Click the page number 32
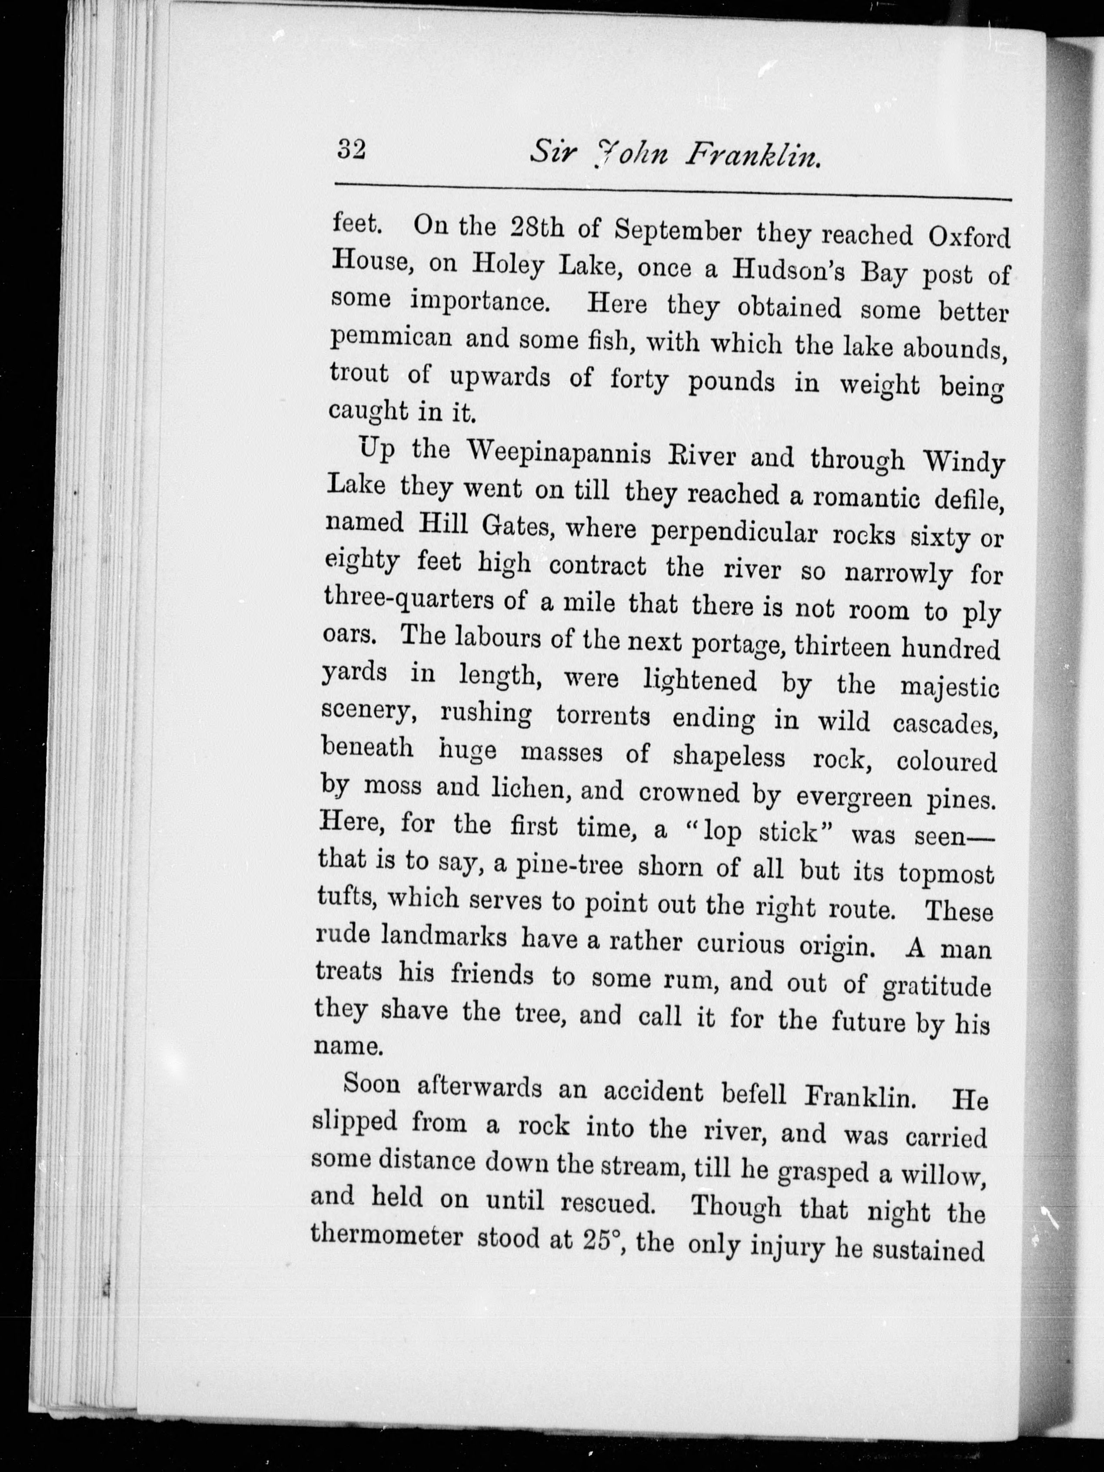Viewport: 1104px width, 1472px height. coord(351,149)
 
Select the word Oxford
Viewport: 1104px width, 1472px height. coord(969,238)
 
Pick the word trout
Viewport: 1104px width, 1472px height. coord(359,373)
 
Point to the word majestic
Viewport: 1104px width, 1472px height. coord(950,687)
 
